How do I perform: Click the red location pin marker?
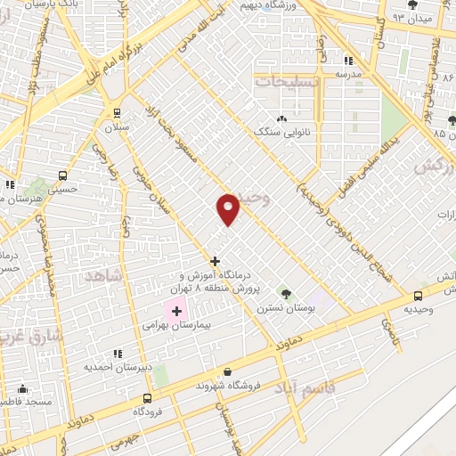228,208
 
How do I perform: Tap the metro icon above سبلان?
116,112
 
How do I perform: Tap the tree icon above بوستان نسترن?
285,292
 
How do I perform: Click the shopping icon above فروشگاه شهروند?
229,372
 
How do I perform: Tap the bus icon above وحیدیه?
419,296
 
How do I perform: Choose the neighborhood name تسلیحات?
284,79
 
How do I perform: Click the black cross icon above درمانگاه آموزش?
215,261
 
